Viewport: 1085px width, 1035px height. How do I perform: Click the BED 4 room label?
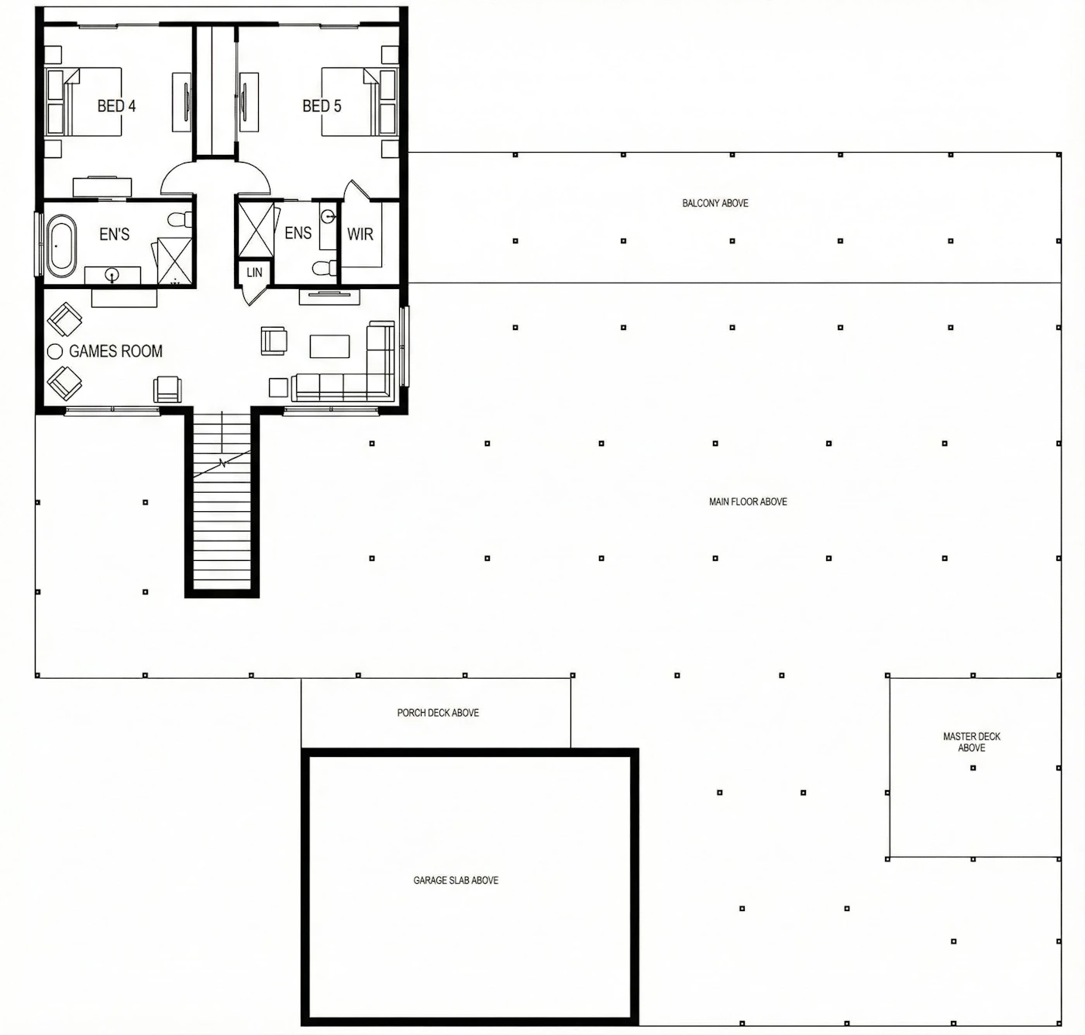(x=116, y=106)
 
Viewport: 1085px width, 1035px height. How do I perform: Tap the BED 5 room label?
(x=322, y=106)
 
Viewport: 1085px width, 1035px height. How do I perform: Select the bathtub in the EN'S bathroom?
(x=61, y=246)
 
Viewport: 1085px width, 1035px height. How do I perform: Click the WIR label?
(x=360, y=235)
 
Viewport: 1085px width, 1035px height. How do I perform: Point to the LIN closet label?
(x=254, y=272)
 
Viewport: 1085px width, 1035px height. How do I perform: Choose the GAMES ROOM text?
(x=116, y=351)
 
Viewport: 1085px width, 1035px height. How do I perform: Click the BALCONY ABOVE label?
(x=715, y=203)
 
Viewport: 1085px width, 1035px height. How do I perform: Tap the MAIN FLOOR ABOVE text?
(x=748, y=501)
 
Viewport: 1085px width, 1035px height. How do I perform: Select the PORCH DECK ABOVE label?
(x=438, y=713)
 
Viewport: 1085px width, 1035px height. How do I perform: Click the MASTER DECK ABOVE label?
(x=972, y=742)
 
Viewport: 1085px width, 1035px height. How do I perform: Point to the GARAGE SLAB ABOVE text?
(x=456, y=881)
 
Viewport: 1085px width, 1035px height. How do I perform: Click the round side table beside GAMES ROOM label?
(x=54, y=352)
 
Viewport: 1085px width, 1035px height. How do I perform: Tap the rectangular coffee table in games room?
(x=329, y=346)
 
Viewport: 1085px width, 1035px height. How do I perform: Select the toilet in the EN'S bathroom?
(x=180, y=220)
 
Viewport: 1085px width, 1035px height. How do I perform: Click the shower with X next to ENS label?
(x=256, y=229)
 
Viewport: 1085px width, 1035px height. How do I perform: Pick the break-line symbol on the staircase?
(x=223, y=462)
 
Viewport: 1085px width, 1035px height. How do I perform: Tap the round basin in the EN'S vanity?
(x=112, y=275)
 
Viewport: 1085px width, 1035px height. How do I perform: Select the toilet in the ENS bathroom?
(x=325, y=267)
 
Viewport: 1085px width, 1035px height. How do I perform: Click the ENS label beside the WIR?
(x=298, y=233)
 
